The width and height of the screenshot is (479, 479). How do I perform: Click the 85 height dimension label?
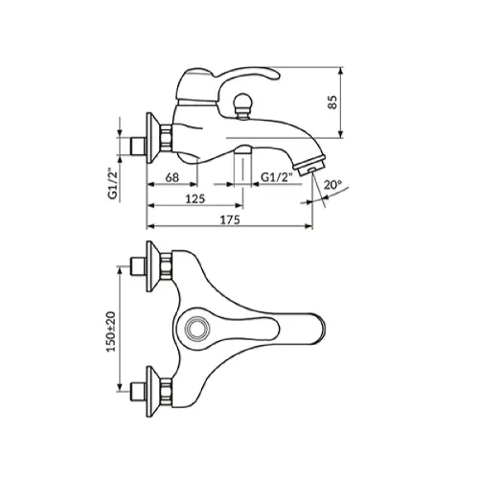point(332,103)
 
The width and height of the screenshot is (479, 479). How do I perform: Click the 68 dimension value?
point(172,177)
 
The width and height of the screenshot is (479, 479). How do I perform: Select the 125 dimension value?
point(195,198)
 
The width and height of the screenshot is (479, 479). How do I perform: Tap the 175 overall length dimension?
point(230,219)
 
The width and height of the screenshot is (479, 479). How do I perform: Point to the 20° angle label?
point(333,185)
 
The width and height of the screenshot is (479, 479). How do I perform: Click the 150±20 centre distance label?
point(111,331)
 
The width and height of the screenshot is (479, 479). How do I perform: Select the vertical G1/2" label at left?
point(113,184)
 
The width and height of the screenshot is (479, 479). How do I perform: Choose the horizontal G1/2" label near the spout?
point(277,177)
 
